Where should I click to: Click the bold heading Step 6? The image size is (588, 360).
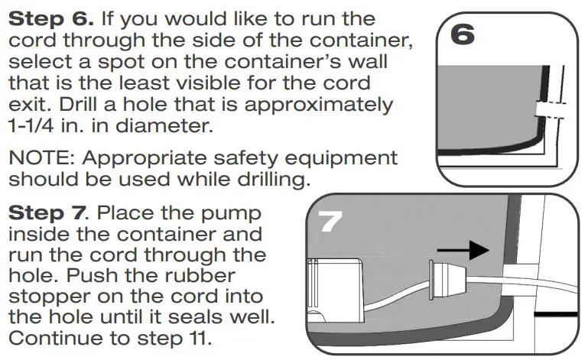point(50,19)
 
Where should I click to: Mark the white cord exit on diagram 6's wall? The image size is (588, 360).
point(548,109)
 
